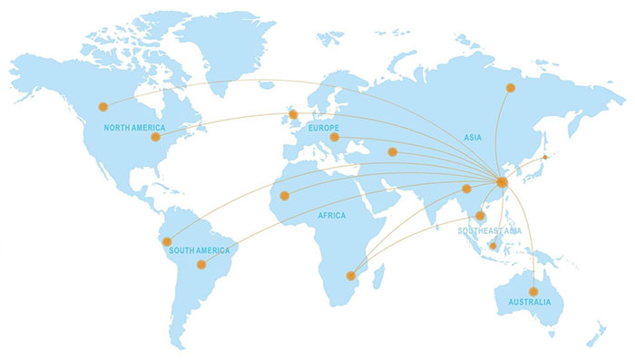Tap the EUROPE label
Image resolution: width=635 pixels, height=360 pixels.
(x=324, y=129)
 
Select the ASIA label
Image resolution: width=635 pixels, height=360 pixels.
(x=473, y=138)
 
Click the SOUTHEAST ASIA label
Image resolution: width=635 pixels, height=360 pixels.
(x=490, y=231)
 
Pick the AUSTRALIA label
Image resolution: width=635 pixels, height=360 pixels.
(x=529, y=301)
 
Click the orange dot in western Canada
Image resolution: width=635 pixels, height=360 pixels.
(x=103, y=106)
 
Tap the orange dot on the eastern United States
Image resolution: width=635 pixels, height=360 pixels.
(x=155, y=137)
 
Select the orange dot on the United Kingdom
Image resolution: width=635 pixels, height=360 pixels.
(x=292, y=114)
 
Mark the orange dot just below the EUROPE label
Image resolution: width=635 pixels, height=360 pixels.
(x=334, y=138)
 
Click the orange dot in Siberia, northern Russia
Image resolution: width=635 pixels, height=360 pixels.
(x=511, y=88)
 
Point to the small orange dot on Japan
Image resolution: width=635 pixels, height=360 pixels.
(x=545, y=158)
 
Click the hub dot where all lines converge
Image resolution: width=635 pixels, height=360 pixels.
(x=502, y=182)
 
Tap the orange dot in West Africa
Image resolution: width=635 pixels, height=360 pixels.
(x=284, y=195)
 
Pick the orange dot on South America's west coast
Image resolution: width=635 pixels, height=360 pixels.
(x=167, y=241)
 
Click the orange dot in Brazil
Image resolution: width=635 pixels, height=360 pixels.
(x=201, y=265)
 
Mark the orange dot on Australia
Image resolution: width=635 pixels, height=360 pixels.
(x=533, y=291)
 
